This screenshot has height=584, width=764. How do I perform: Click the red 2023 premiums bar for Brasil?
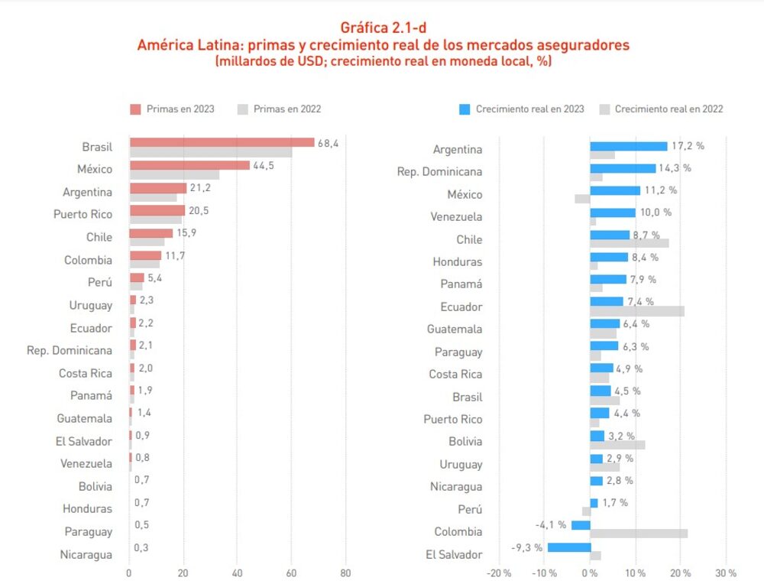point(222,142)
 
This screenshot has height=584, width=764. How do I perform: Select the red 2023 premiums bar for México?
point(189,165)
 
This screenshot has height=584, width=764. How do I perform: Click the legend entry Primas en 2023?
point(173,109)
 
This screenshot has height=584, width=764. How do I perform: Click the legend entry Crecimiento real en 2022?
point(661,109)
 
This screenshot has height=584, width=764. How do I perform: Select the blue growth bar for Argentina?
point(628,146)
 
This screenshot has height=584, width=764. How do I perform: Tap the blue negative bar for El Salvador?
point(568,547)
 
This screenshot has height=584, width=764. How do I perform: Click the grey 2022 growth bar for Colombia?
point(639,534)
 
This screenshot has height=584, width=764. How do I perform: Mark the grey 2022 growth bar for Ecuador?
point(637,311)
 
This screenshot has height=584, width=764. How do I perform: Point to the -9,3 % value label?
point(526,547)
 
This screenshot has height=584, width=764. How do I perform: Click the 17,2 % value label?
point(688,145)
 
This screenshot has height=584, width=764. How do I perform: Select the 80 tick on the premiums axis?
point(345,573)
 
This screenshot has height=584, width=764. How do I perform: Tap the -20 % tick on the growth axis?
point(499,573)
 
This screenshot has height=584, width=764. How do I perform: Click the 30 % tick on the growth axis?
point(725,573)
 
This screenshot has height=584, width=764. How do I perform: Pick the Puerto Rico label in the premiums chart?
point(83,215)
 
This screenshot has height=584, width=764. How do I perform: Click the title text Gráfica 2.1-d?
point(383,28)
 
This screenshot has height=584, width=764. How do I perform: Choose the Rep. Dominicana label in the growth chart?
point(439,172)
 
